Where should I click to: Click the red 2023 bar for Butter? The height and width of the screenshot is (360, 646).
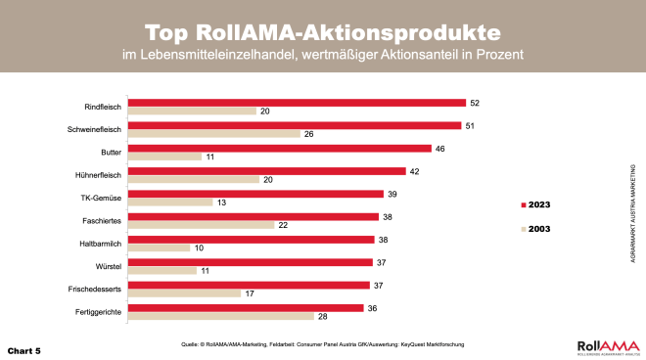point(280,149)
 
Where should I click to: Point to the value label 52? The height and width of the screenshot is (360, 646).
point(475,102)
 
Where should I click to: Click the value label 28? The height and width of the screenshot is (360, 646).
point(321,316)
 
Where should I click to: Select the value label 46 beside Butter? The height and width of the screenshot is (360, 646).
point(440,149)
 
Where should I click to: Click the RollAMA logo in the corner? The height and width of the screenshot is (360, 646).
point(606,345)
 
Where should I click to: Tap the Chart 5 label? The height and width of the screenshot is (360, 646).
point(24,348)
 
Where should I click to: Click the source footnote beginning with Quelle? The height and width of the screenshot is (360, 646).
point(322,345)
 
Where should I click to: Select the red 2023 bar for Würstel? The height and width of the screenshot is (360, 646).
point(250,262)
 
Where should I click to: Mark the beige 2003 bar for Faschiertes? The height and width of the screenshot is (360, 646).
point(202,225)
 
